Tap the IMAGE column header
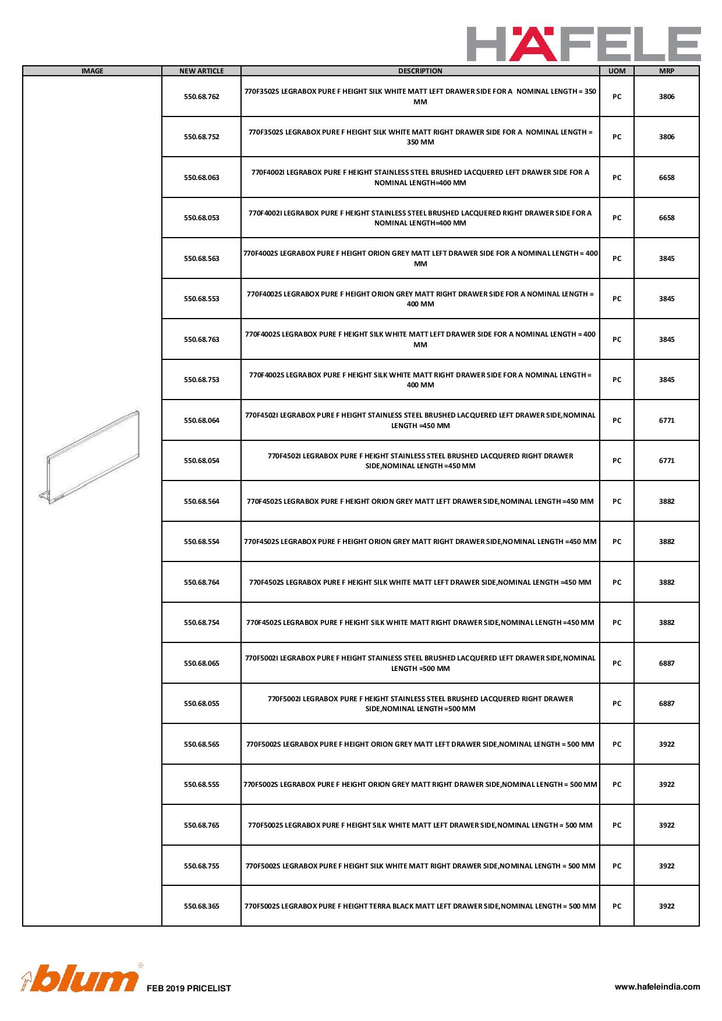click(x=92, y=71)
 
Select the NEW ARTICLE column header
click(x=201, y=71)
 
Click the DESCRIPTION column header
click(x=420, y=71)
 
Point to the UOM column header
click(x=617, y=71)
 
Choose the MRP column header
click(x=666, y=71)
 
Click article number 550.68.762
click(x=201, y=97)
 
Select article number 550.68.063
click(x=201, y=178)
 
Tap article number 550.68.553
click(x=201, y=299)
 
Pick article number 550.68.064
click(x=201, y=421)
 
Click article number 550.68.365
click(x=201, y=906)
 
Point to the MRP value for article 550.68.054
click(x=666, y=461)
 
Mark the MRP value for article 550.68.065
click(x=666, y=663)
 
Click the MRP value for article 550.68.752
click(x=666, y=137)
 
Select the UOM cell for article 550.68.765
click(x=617, y=825)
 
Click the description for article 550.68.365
click(x=420, y=906)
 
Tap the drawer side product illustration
click(x=92, y=455)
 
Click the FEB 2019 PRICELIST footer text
click(x=189, y=988)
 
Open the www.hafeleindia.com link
click(x=657, y=987)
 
